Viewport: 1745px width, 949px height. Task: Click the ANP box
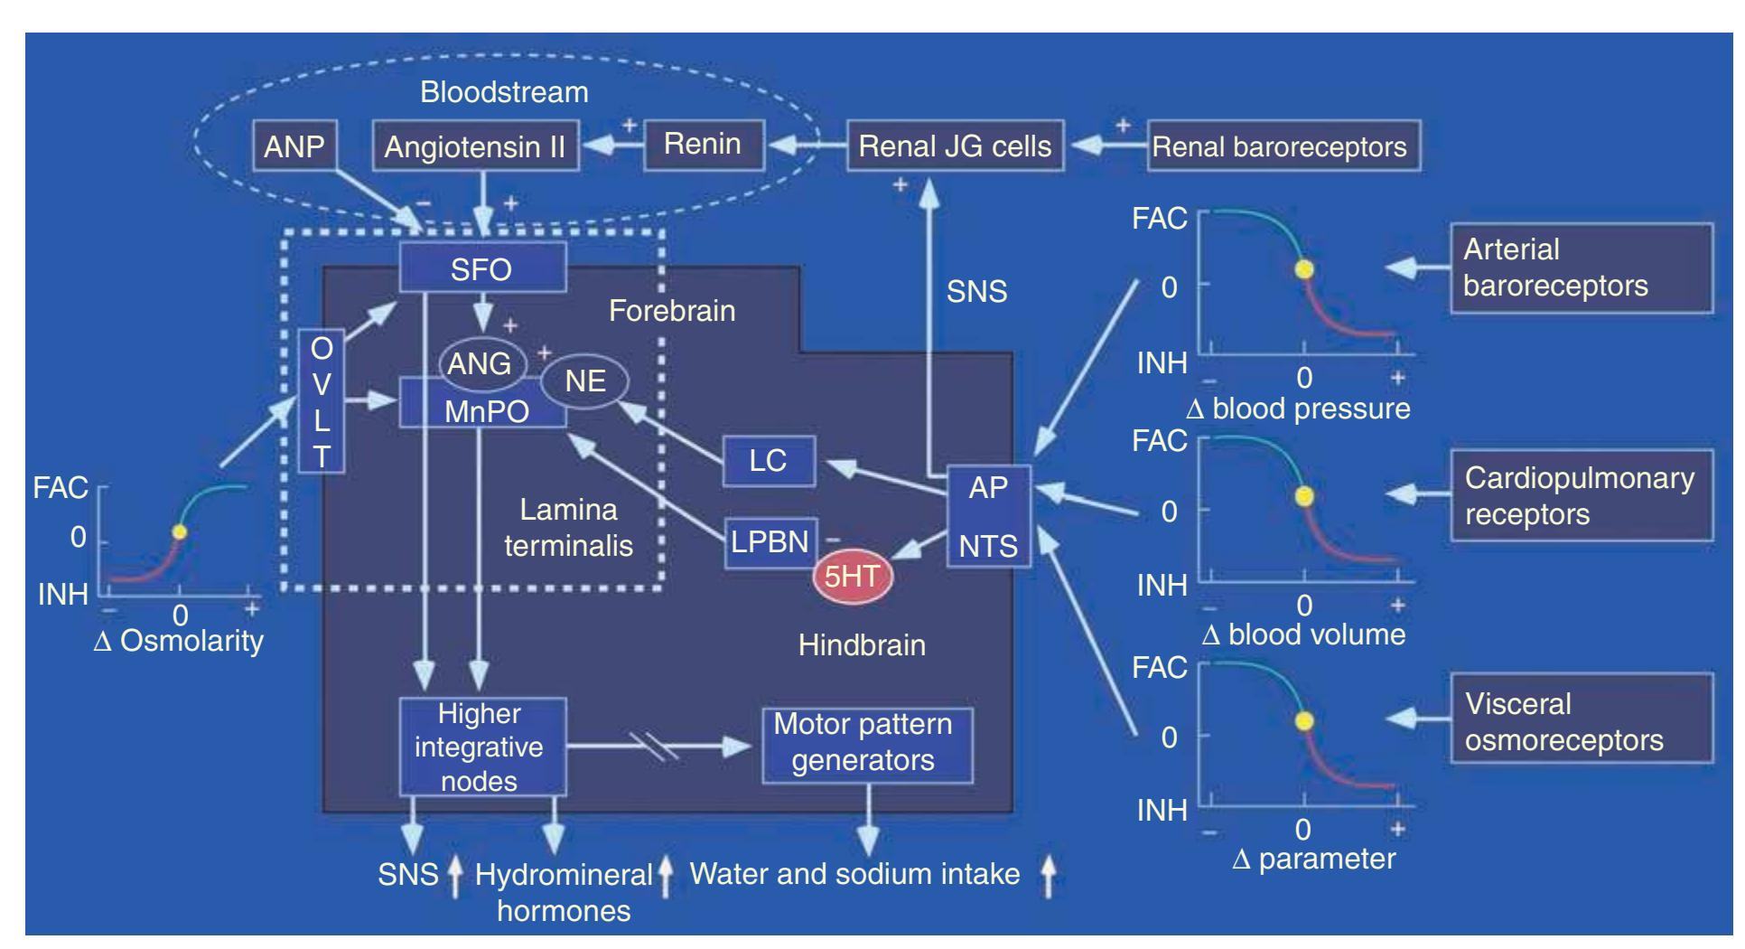pos(294,146)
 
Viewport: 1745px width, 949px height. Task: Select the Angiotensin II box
pos(475,146)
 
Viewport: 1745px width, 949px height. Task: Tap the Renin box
pos(703,145)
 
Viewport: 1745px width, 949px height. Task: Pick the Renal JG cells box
pos(955,146)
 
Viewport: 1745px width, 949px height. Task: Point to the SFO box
pos(482,268)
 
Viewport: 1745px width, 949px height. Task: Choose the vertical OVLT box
pos(322,401)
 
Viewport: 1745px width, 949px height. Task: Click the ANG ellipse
pos(480,363)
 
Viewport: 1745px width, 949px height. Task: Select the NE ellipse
pos(584,381)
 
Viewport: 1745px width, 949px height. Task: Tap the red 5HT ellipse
pos(852,576)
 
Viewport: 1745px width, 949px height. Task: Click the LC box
pos(769,460)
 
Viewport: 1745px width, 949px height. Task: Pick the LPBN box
pos(770,542)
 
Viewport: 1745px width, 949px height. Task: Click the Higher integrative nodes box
pos(481,747)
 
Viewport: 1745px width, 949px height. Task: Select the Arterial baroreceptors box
pos(1581,268)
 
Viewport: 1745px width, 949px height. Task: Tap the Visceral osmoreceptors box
pos(1581,721)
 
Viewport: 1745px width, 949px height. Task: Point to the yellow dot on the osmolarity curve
pos(180,531)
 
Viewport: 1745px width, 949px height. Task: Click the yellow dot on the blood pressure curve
pos(1303,268)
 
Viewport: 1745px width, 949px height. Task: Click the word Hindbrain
pos(862,645)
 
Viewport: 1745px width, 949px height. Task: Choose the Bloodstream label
pos(504,92)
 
